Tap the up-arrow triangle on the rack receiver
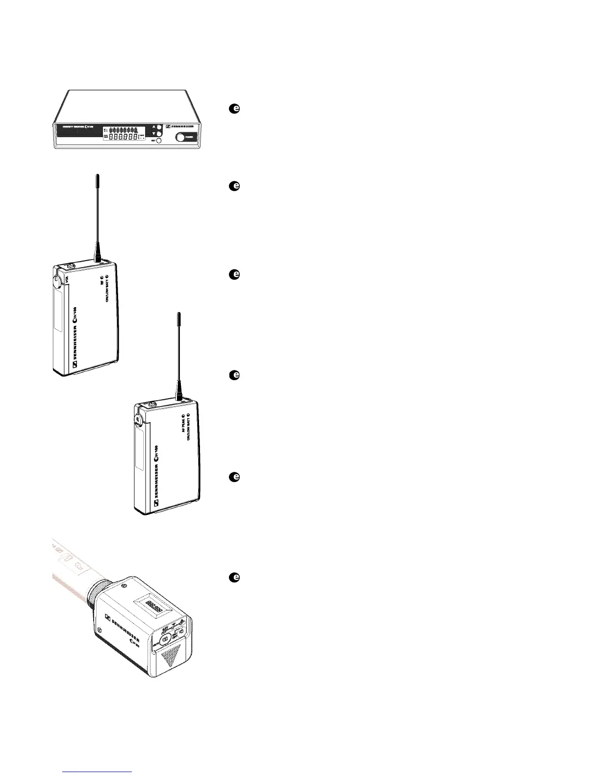153,125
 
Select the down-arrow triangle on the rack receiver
153,133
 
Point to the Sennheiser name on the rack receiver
183,126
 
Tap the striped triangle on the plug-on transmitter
171,656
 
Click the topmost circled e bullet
234,109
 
